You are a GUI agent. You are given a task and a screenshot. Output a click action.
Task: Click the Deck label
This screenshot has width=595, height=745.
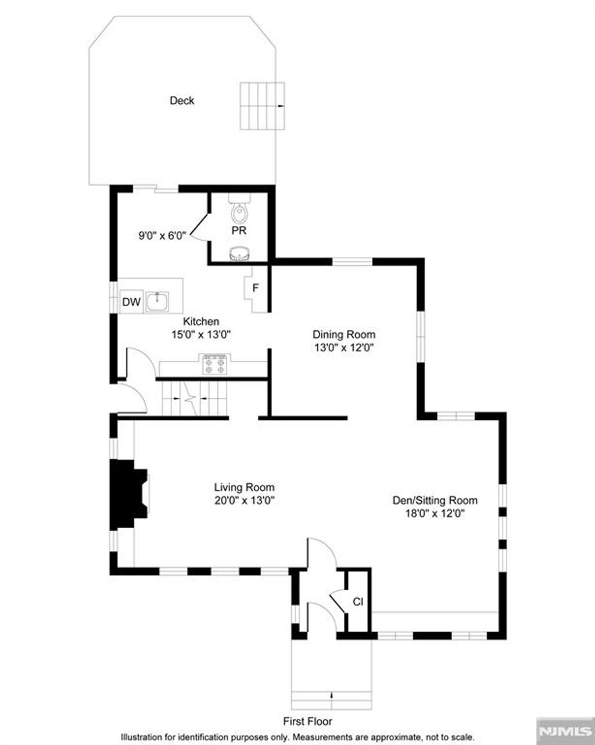182,101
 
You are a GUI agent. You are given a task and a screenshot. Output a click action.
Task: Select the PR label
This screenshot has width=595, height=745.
239,231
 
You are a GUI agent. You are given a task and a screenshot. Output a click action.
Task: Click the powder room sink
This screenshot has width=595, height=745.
239,253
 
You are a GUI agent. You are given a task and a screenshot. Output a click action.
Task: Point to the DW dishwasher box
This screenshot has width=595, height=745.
131,302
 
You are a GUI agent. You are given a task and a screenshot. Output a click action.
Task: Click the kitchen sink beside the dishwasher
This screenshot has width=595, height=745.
157,301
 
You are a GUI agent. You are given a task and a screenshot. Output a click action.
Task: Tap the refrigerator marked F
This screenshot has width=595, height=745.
255,288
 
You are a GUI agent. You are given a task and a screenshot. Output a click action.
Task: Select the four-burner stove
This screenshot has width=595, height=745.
214,364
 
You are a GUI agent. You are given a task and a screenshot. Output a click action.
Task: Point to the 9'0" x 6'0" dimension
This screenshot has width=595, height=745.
162,236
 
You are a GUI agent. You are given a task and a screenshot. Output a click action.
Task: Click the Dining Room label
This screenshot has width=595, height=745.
344,334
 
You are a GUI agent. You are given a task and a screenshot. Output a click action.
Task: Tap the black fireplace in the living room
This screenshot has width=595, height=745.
127,494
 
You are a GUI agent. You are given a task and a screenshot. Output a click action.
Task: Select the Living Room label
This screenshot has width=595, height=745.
244,487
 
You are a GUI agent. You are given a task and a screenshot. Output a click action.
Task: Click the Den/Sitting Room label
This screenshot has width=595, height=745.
435,500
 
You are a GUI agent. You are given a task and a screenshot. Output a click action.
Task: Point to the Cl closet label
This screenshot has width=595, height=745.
358,602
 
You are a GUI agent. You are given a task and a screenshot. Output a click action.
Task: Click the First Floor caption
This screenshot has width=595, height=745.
307,721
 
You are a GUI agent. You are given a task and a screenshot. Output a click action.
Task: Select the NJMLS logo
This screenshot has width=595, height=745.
564,730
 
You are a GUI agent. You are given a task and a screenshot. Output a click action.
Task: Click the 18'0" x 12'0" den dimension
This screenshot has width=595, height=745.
435,514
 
